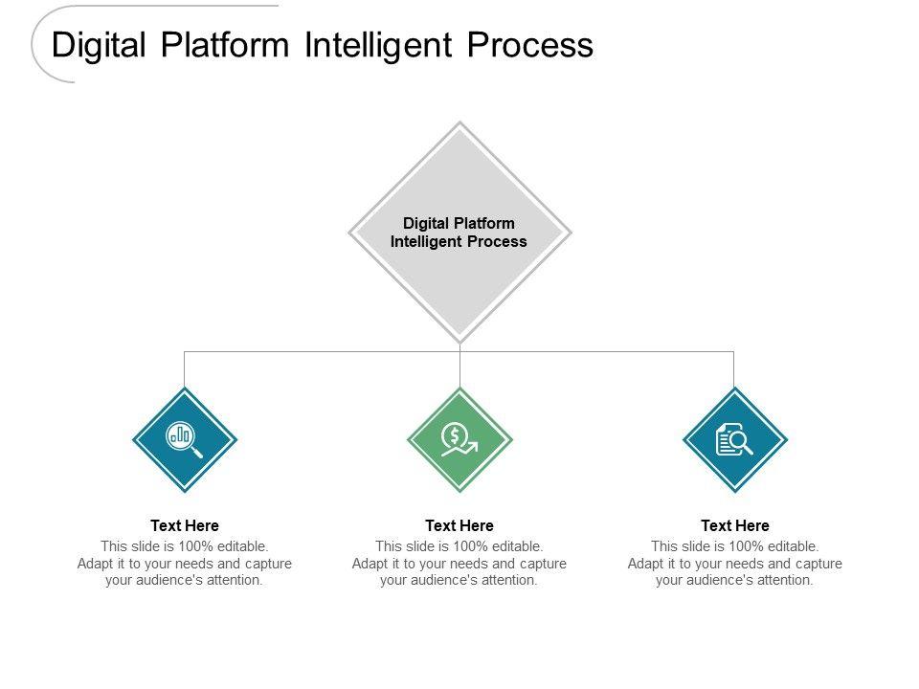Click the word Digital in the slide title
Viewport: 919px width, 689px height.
pos(99,46)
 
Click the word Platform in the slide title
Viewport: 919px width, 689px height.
pos(225,45)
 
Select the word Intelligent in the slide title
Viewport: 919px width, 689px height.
pos(379,46)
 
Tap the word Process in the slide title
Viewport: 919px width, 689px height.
pos(530,45)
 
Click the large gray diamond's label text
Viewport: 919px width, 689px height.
pos(459,233)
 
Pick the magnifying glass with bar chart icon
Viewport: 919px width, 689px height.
pos(184,439)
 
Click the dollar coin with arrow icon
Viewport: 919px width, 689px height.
pos(459,440)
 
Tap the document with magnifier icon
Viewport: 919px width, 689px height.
pos(734,439)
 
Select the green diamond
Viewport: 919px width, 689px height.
pos(460,439)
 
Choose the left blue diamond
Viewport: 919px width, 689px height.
pos(185,439)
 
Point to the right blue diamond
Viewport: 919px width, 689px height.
pos(735,439)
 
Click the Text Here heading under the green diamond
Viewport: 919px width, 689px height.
pos(459,525)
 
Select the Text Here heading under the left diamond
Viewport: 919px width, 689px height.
pos(185,525)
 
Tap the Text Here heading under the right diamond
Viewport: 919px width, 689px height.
pos(735,525)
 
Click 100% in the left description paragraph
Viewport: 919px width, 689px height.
pos(195,546)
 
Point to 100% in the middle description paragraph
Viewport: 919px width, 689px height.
pos(471,546)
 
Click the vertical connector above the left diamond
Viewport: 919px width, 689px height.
pos(185,369)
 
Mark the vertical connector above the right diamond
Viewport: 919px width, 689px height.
pos(734,369)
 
